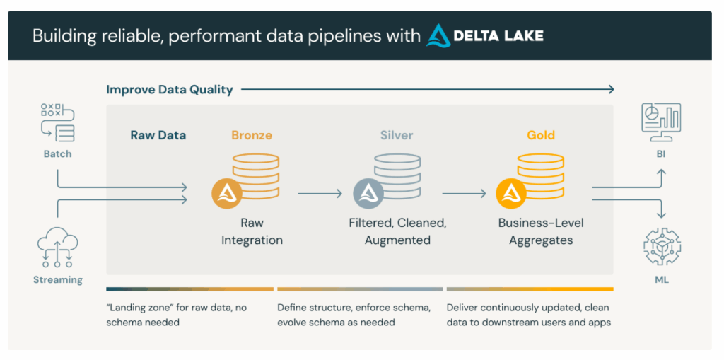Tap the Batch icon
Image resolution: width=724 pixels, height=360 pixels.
58,122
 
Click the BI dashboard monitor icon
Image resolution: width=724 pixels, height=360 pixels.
661,122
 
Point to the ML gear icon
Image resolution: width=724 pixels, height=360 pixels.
661,250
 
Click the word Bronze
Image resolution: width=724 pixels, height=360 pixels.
252,135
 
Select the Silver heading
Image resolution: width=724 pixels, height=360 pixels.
397,135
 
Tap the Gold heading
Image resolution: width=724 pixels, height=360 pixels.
541,135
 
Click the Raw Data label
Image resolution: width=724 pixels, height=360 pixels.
158,135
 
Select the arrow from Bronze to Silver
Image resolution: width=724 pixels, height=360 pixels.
320,193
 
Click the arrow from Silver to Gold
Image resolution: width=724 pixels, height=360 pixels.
464,193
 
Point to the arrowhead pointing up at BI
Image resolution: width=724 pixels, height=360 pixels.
661,173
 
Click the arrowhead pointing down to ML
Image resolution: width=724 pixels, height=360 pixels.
661,215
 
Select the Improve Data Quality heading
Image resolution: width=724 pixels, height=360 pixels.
170,90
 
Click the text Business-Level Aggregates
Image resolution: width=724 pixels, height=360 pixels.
541,231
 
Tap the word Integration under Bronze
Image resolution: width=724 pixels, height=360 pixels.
252,240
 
